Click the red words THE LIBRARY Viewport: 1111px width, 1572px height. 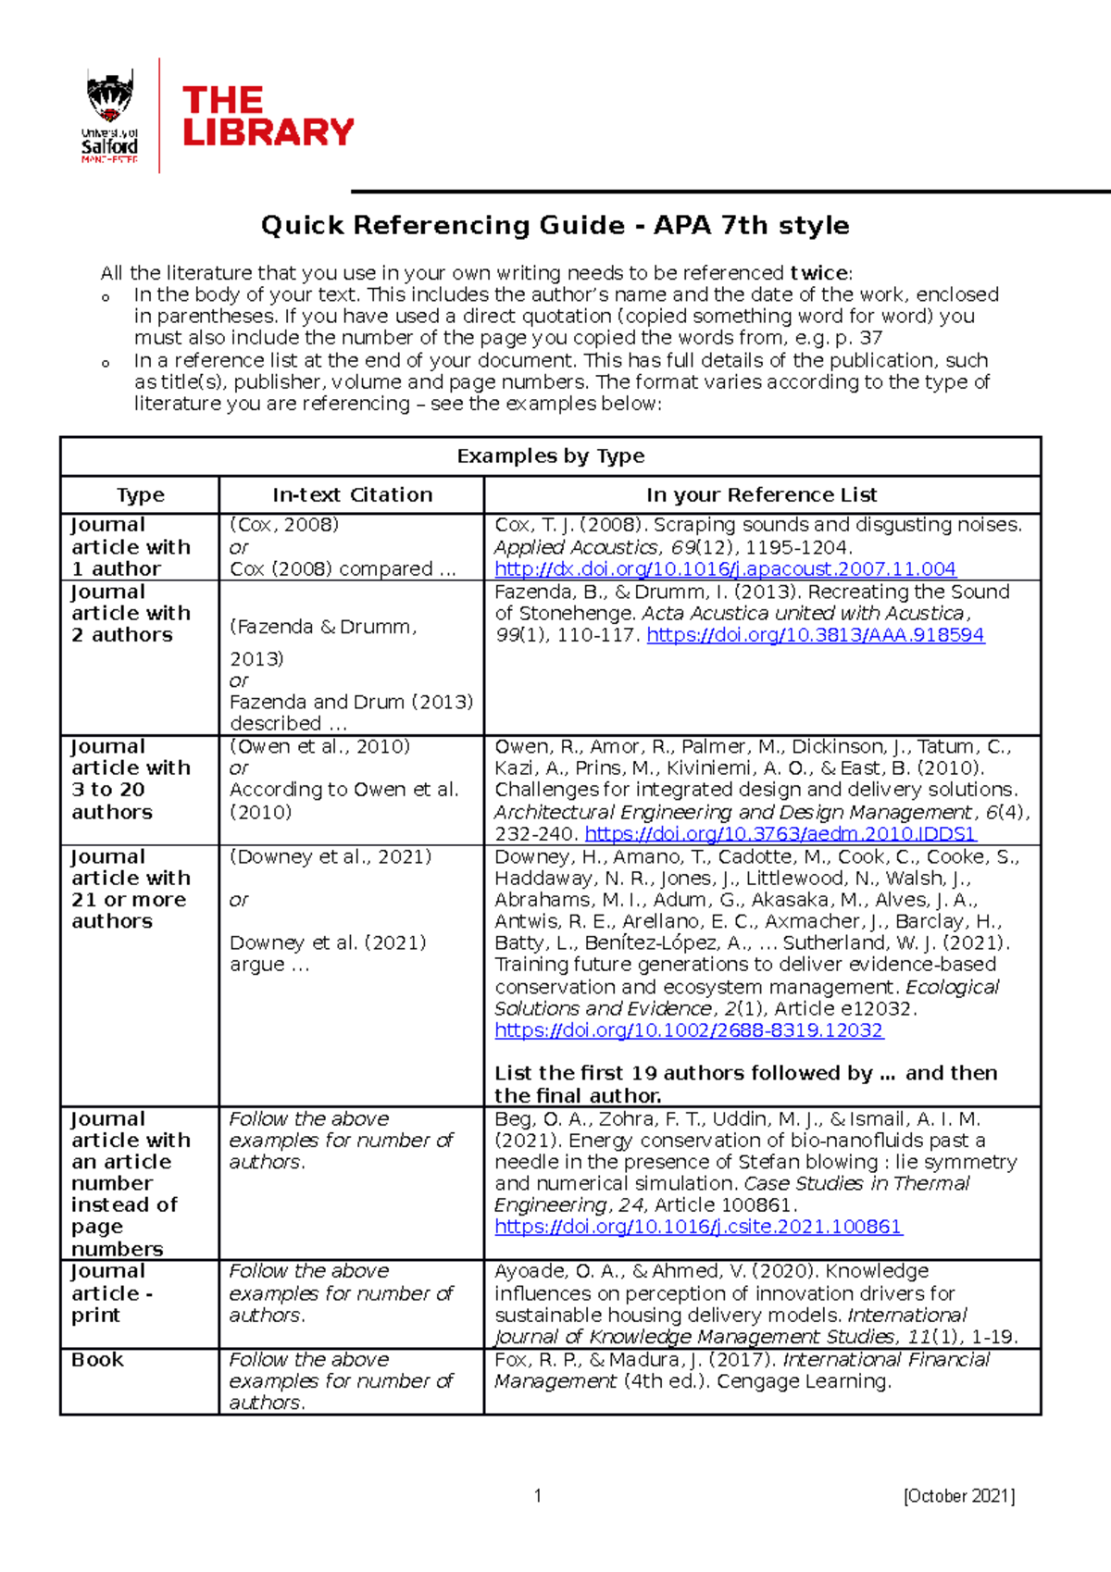point(268,117)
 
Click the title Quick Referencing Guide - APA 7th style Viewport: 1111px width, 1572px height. point(555,225)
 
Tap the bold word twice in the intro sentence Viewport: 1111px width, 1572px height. point(818,273)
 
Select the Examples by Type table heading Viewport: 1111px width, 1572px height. point(550,456)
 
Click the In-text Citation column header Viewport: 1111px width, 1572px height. point(352,495)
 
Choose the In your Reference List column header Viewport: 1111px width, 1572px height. point(761,495)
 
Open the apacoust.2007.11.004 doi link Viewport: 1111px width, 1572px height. point(725,569)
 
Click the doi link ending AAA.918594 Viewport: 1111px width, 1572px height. point(815,635)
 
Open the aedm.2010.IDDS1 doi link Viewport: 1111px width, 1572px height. point(780,834)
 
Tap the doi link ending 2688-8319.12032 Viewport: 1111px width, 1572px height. point(689,1030)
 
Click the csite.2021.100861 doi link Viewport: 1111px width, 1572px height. point(698,1227)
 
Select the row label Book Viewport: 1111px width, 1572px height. point(97,1360)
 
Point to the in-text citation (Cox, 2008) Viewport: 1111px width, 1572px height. point(284,525)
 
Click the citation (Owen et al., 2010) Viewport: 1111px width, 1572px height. point(319,746)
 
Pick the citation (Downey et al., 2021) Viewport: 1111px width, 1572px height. point(331,857)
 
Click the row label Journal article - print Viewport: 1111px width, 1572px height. point(111,1293)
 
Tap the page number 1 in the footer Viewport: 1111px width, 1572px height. point(538,1496)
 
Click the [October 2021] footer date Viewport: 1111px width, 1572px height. point(959,1496)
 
